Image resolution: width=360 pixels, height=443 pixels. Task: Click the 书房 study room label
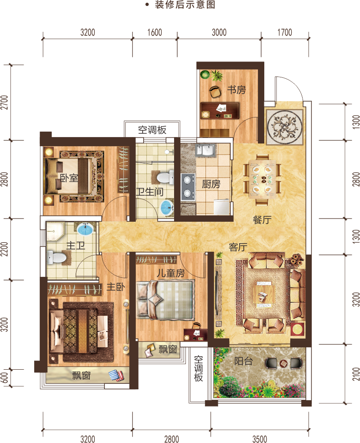click(x=237, y=90)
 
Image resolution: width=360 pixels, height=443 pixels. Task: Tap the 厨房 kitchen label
click(x=211, y=184)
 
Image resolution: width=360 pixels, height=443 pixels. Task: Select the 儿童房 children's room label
click(x=171, y=273)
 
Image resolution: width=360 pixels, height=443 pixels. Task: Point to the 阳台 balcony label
click(x=243, y=361)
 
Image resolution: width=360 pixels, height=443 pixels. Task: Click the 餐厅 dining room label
click(x=262, y=220)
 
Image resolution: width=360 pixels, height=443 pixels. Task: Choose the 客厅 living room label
click(x=238, y=247)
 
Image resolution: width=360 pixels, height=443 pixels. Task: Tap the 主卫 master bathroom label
click(x=76, y=245)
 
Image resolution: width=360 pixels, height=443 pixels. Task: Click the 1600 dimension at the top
click(x=154, y=32)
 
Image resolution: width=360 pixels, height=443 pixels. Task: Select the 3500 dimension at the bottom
click(x=260, y=439)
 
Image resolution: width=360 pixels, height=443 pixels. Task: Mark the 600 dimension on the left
click(x=4, y=378)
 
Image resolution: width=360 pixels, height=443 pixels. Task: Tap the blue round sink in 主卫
click(x=85, y=229)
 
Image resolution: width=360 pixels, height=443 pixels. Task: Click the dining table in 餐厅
click(x=262, y=179)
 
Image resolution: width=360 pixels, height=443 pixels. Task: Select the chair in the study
click(x=215, y=92)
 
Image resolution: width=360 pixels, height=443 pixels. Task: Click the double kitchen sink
click(x=206, y=150)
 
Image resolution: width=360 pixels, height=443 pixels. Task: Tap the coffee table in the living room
click(x=264, y=294)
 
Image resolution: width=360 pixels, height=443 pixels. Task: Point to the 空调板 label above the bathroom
click(x=152, y=130)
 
